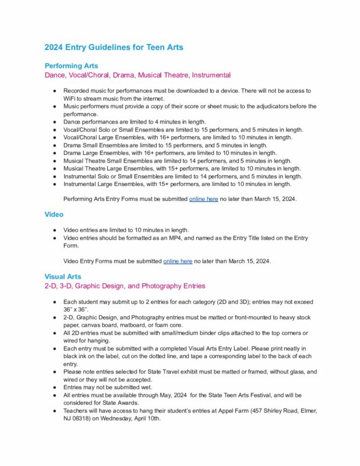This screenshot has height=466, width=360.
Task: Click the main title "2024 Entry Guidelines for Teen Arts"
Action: [x=114, y=47]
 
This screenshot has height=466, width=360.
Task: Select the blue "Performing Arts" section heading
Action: [x=71, y=66]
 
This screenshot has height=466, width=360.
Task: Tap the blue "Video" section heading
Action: [x=54, y=214]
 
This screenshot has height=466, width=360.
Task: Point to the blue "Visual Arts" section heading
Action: [x=63, y=276]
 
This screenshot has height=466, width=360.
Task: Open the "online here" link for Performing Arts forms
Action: [x=203, y=199]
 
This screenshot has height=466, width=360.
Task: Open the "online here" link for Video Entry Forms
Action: [x=178, y=261]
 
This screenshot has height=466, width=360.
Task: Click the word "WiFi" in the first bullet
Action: [x=71, y=98]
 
